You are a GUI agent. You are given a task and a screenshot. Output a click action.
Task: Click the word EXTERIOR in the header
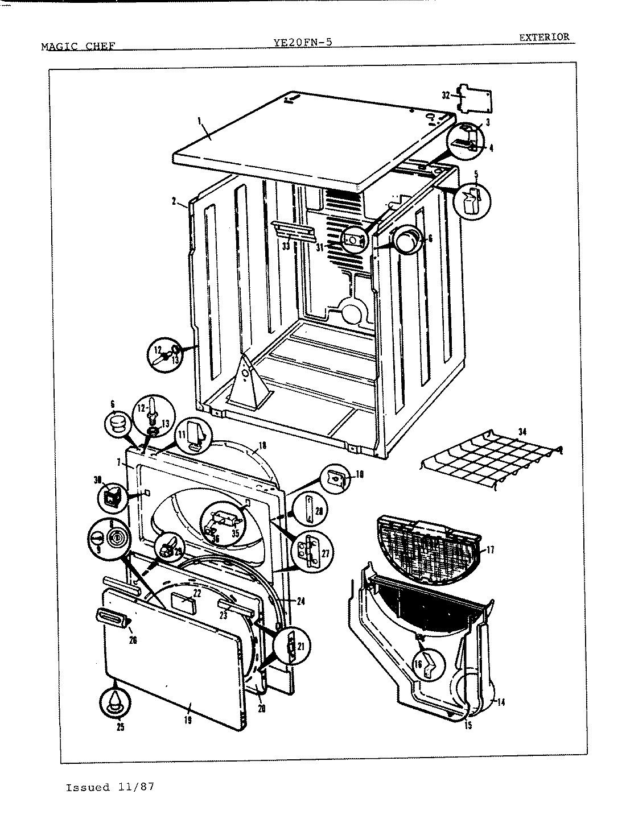(x=543, y=38)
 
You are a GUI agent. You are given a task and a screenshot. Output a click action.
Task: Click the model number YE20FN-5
(x=303, y=42)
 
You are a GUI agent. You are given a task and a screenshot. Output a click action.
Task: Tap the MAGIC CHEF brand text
(x=79, y=46)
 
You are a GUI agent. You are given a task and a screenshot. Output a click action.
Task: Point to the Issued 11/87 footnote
(x=110, y=788)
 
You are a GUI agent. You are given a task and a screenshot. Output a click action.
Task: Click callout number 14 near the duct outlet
(x=501, y=702)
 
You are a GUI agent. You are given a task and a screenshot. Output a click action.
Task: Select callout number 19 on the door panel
(x=188, y=720)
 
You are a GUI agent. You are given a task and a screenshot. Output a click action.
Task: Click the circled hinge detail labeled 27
(x=311, y=551)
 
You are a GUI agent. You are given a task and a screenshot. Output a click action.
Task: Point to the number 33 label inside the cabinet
(x=286, y=246)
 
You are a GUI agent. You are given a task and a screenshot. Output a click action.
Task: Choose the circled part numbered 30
(x=110, y=497)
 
